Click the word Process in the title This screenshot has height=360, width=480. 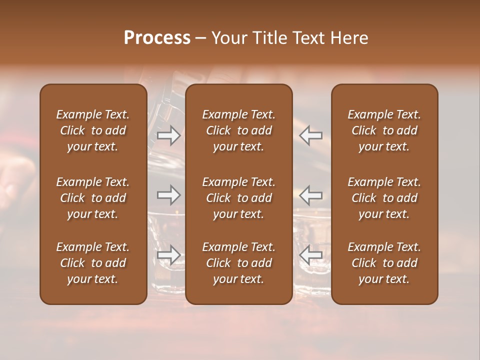click(157, 38)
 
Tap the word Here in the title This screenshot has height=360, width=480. click(349, 38)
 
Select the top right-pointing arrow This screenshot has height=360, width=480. click(169, 135)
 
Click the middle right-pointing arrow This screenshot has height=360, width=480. click(169, 194)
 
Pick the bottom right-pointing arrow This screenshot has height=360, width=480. click(169, 255)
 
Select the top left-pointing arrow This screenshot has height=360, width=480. click(310, 135)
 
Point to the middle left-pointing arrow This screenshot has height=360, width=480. click(310, 194)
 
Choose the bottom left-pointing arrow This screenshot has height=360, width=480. click(310, 255)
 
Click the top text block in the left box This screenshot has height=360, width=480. click(93, 130)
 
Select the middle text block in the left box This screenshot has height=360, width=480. click(93, 198)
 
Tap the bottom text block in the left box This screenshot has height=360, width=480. click(93, 263)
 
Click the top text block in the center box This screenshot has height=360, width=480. click(238, 130)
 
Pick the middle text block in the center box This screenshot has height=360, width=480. click(238, 198)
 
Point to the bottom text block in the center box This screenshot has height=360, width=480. click(238, 263)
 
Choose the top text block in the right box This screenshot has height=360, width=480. click(384, 130)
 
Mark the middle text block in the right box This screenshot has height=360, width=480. click(384, 198)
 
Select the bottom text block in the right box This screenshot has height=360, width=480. click(384, 263)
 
